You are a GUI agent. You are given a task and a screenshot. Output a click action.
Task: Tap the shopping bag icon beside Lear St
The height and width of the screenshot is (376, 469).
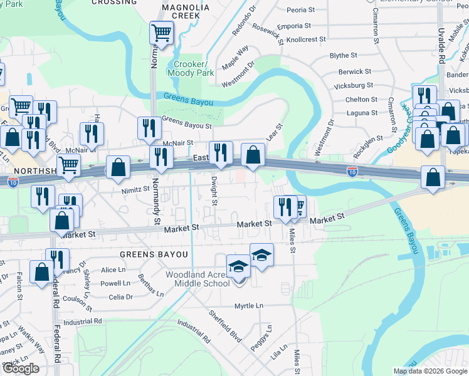coord(253,155)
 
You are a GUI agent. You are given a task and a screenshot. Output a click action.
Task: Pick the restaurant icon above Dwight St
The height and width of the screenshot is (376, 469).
coord(221,153)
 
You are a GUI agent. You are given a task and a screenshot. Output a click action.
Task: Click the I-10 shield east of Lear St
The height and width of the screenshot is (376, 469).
coord(352,170)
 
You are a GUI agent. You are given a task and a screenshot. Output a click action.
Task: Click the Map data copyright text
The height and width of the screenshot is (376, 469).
coord(429,371)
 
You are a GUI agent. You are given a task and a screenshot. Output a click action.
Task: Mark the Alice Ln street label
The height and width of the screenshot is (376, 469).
coord(113,269)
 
